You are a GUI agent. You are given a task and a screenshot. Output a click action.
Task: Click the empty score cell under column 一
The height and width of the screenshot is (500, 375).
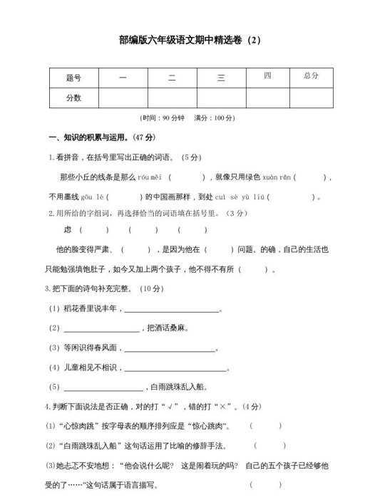tap(123, 97)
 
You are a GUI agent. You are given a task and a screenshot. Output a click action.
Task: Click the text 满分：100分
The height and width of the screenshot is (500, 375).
tap(215, 118)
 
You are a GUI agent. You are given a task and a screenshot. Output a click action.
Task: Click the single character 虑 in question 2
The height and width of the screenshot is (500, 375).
tap(68, 230)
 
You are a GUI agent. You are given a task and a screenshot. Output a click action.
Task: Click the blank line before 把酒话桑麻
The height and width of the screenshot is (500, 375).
tap(101, 329)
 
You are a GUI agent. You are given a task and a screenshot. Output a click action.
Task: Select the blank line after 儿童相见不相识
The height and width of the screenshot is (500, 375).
tap(176, 369)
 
